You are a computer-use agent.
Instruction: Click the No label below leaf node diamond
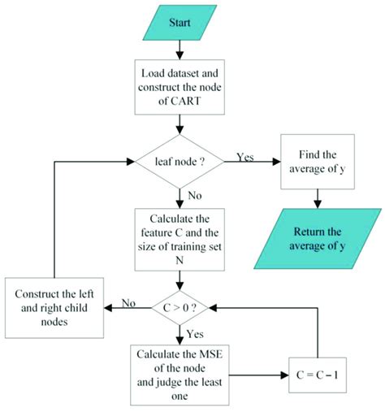point(195,196)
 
